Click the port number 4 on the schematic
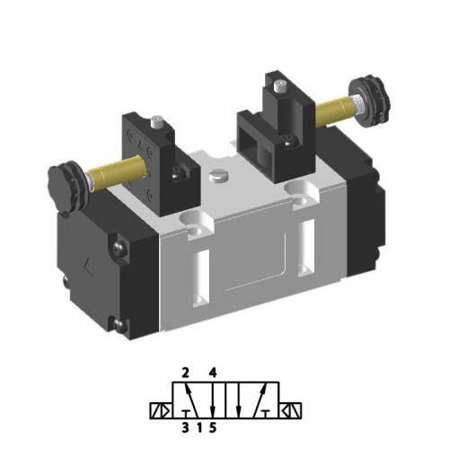coord(213,371)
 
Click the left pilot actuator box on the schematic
coord(159,411)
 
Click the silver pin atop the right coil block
coord(282,87)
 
